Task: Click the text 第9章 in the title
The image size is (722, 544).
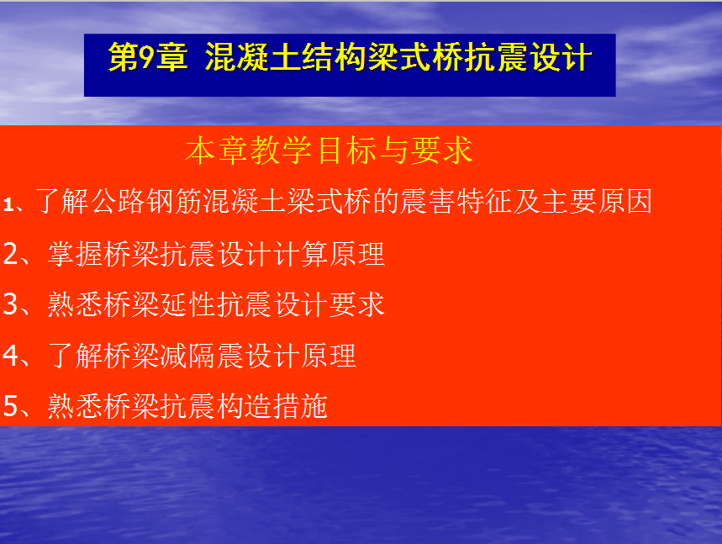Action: coord(147,57)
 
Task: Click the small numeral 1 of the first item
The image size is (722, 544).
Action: coord(8,204)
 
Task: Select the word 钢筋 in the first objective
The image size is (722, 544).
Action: coord(175,201)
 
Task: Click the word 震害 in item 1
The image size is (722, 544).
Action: coord(427,201)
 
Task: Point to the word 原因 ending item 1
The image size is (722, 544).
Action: coord(625,201)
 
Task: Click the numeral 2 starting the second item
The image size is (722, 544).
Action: coord(11,253)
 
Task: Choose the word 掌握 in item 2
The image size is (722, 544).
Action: coord(76,253)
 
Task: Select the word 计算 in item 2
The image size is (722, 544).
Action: coord(301,253)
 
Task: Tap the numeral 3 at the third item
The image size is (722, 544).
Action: coord(11,304)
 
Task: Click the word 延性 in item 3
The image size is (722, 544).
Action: coord(187,304)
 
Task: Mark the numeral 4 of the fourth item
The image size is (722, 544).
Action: coord(11,355)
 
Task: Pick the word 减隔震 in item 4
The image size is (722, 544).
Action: coord(202,355)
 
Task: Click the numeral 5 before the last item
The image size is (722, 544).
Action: coord(11,406)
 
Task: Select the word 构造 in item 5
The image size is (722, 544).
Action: coord(244,406)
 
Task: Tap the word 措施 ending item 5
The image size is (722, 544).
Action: coord(300,406)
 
